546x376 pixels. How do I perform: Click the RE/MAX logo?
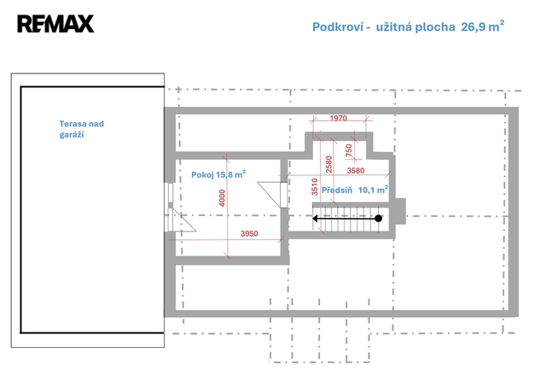click(x=55, y=24)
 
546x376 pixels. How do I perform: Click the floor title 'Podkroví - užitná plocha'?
click(x=383, y=26)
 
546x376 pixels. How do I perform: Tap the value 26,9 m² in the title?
click(x=483, y=26)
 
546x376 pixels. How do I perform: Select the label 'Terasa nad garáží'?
click(x=82, y=129)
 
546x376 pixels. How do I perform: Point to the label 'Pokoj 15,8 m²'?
click(x=218, y=174)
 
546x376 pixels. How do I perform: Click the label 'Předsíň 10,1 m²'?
click(x=355, y=190)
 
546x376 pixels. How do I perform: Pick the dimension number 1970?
click(x=339, y=118)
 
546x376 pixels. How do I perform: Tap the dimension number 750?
click(x=349, y=150)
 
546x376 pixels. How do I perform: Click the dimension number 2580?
click(x=328, y=164)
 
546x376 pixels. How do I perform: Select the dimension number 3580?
click(x=356, y=171)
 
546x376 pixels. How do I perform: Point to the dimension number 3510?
click(x=315, y=186)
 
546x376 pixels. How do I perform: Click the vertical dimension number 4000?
click(x=222, y=198)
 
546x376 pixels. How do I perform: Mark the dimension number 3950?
click(x=249, y=233)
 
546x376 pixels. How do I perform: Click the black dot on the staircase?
click(x=379, y=219)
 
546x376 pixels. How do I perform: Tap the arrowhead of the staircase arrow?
click(x=316, y=219)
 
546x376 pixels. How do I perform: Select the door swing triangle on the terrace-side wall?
click(x=182, y=220)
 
